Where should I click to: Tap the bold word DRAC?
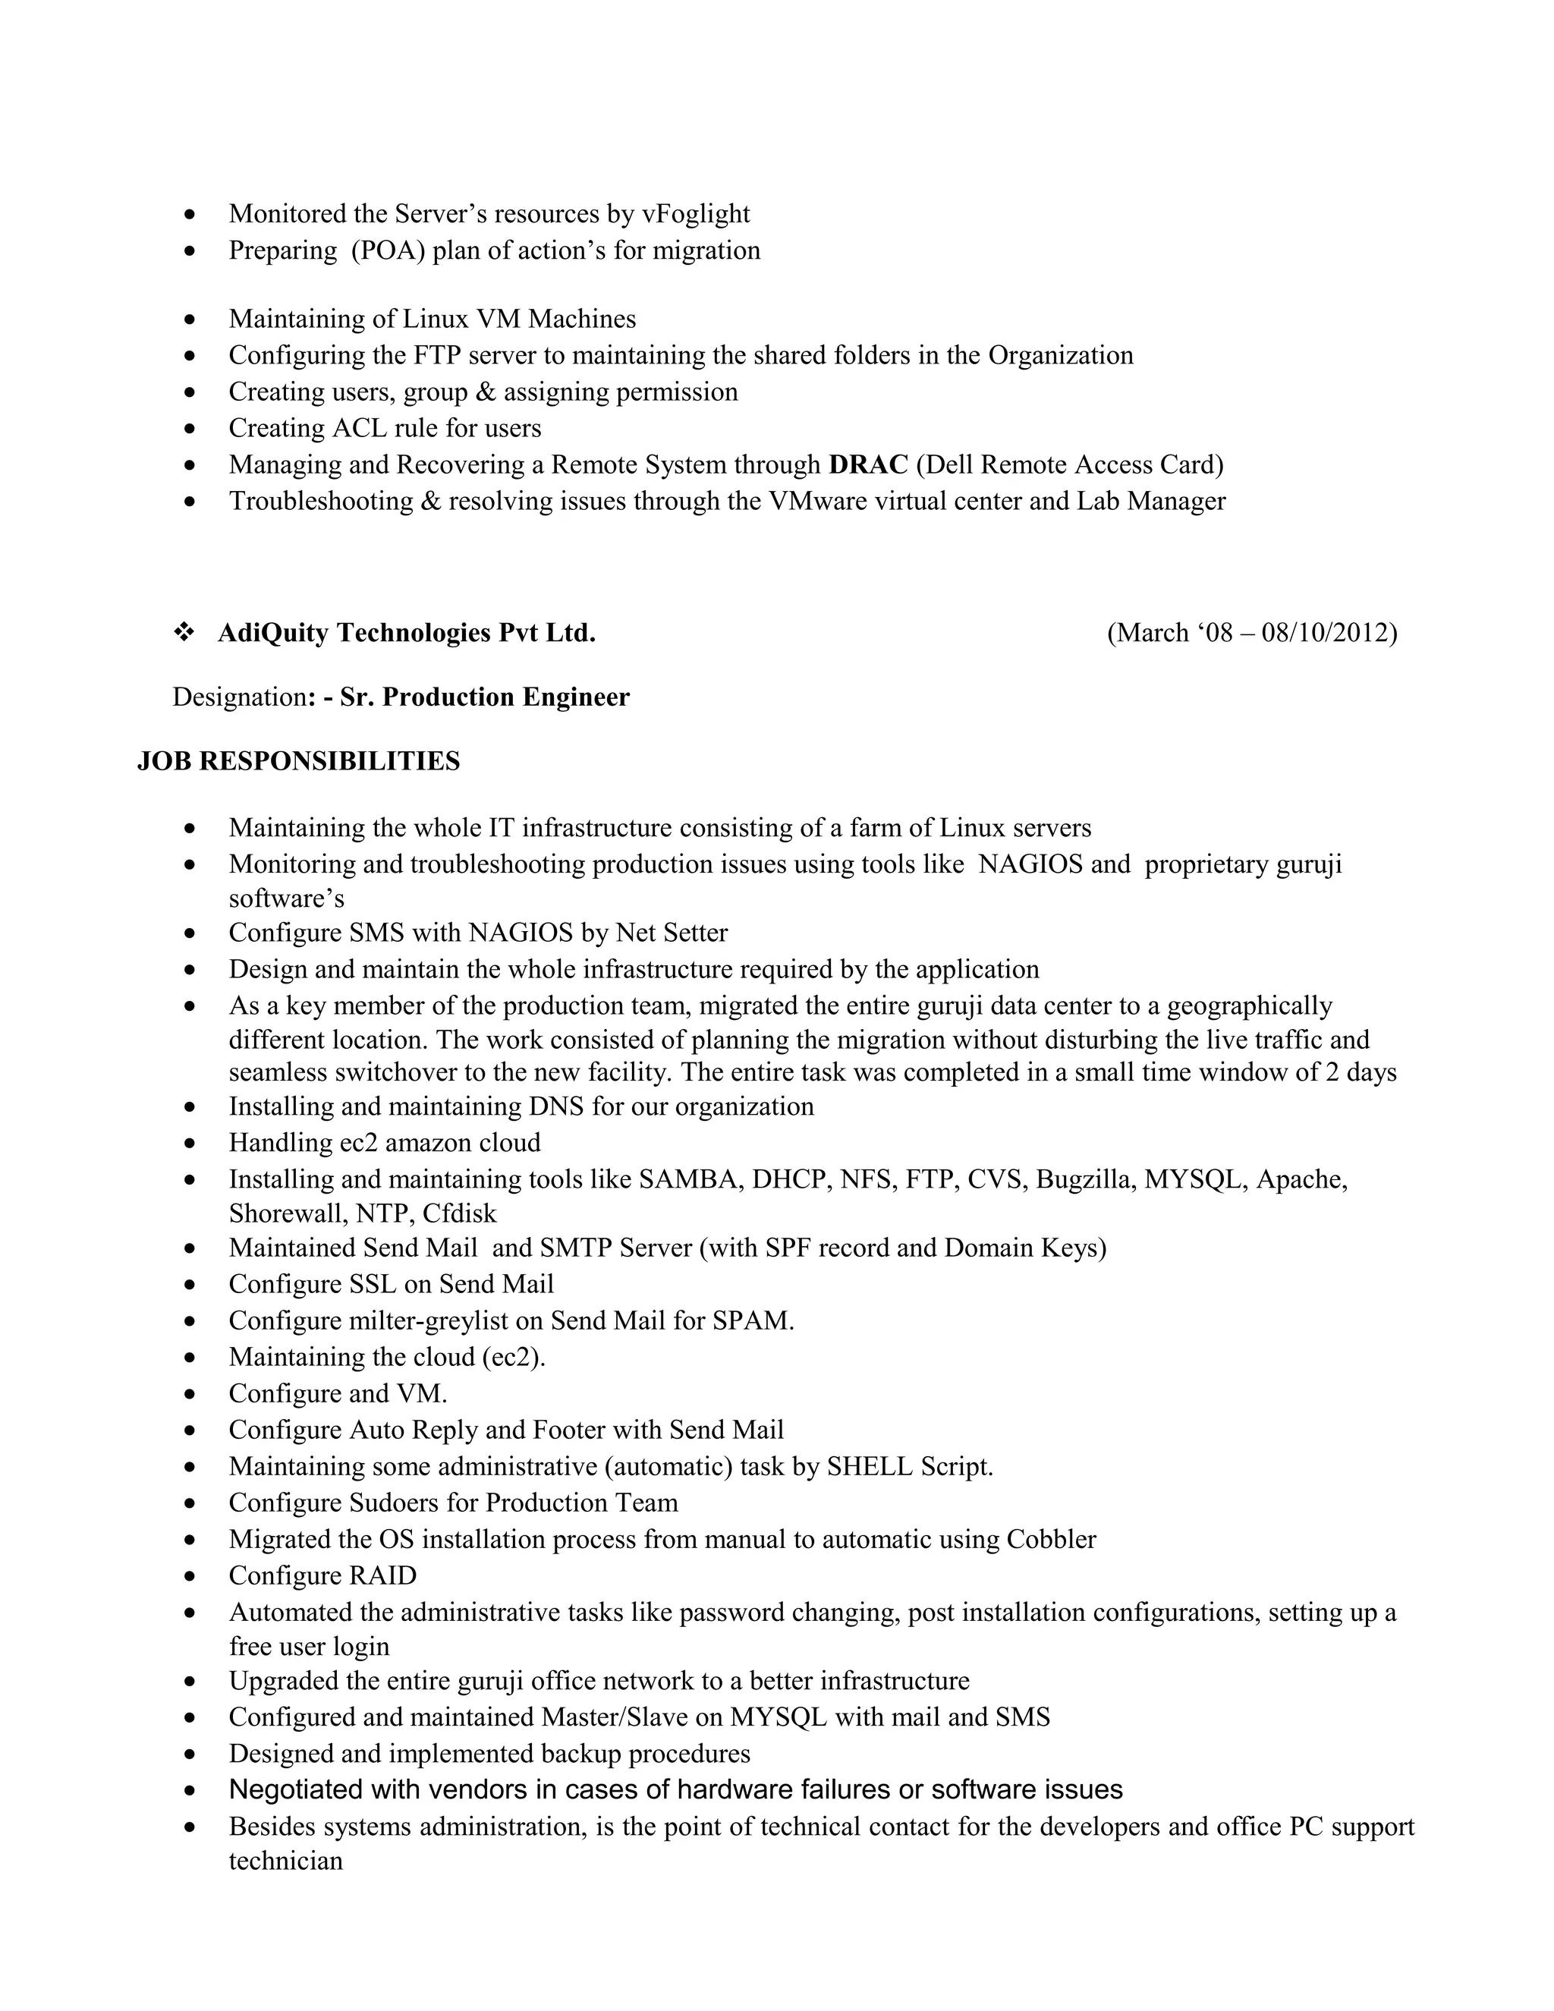tap(868, 464)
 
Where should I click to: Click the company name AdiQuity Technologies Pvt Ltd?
tap(406, 633)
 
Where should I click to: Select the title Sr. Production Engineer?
tap(484, 697)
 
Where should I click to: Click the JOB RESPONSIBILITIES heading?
tap(298, 761)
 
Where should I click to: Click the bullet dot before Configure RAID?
tap(190, 1576)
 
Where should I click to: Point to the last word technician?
tap(285, 1861)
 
